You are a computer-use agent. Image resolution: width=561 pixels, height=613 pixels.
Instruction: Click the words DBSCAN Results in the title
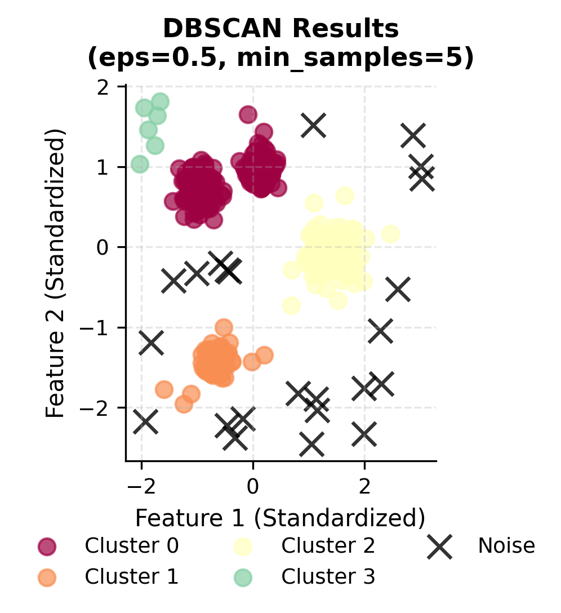280,29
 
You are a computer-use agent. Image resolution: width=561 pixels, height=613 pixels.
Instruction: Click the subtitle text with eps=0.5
280,57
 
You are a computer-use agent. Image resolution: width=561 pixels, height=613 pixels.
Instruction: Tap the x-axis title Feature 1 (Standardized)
280,518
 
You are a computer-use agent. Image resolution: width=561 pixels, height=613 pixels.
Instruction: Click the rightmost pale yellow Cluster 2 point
390,234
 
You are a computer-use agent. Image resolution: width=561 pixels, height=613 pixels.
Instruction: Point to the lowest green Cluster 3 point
140,165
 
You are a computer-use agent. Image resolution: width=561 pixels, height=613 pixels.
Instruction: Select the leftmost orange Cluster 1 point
164,389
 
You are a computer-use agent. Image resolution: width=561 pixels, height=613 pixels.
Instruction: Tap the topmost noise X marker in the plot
314,125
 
